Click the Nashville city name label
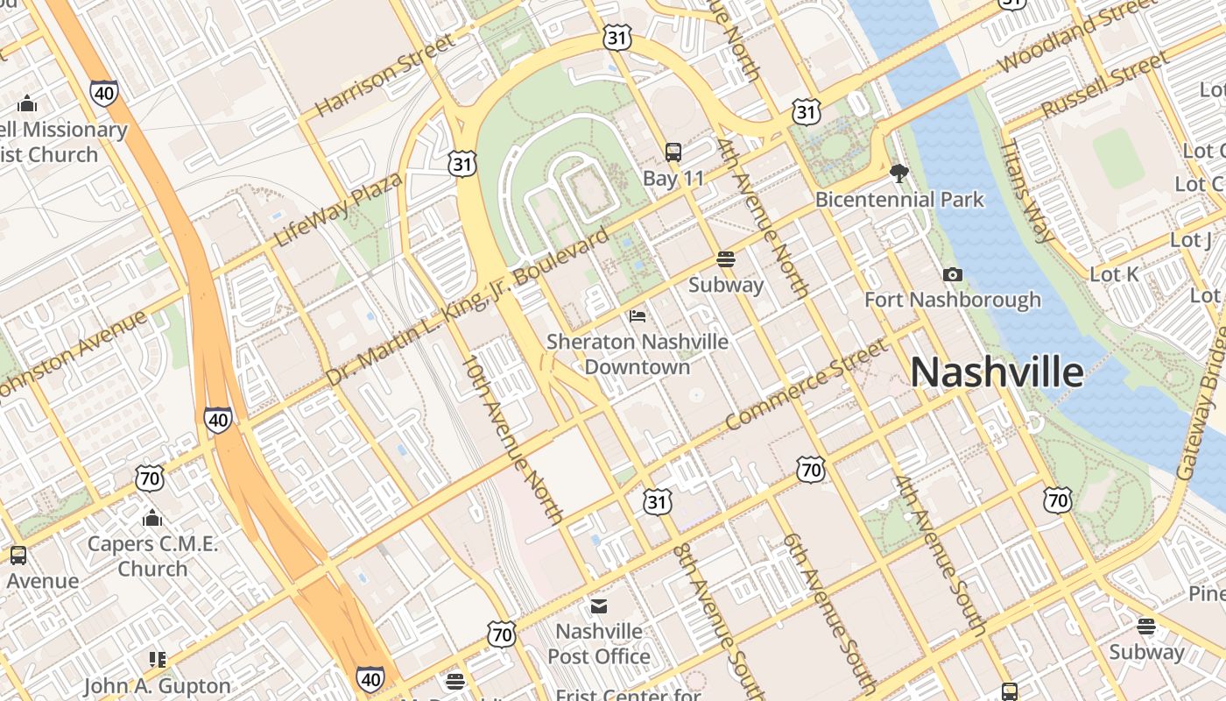coord(997,372)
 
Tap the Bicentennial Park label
coord(899,200)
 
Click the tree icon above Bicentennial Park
coord(898,173)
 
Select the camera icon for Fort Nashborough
coord(953,275)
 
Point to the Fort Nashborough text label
coord(953,300)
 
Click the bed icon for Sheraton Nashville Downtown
coord(638,316)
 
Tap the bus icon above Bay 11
coord(673,152)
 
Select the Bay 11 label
coord(673,179)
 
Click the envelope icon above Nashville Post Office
coord(599,605)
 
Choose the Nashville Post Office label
coord(599,643)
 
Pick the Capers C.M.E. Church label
coord(152,556)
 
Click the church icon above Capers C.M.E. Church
coord(152,518)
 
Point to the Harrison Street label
coord(385,74)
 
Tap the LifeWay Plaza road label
coord(338,209)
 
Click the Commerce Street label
coord(807,385)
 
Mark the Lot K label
coord(1114,274)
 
